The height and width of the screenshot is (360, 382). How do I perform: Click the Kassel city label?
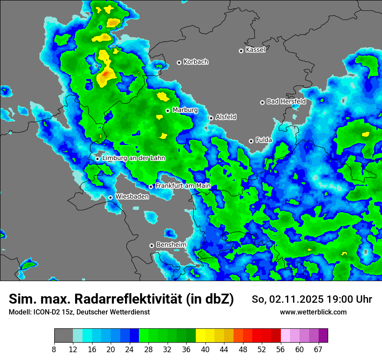[x=255, y=50]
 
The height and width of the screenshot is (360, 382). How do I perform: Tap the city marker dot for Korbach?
[x=179, y=62]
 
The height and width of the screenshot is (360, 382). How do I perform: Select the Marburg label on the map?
[x=185, y=110]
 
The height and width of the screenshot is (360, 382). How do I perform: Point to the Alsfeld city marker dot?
[x=211, y=118]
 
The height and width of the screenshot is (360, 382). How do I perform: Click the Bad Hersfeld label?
[x=286, y=101]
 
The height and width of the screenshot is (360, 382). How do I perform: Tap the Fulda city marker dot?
[x=251, y=141]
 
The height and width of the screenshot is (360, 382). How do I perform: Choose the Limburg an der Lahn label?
[x=134, y=158]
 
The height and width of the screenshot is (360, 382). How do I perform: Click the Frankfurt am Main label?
[x=183, y=186]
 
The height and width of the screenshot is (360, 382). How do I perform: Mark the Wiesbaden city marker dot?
[x=111, y=197]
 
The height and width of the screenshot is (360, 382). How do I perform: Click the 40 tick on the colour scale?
[x=205, y=349]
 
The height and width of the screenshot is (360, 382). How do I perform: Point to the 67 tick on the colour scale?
[x=318, y=349]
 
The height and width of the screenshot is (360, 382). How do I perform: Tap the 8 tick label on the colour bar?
[x=54, y=349]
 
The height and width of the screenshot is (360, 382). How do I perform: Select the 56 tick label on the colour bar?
[x=280, y=349]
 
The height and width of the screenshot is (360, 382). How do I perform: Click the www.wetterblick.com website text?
[x=313, y=312]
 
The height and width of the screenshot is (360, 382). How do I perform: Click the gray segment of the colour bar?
[x=63, y=336]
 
